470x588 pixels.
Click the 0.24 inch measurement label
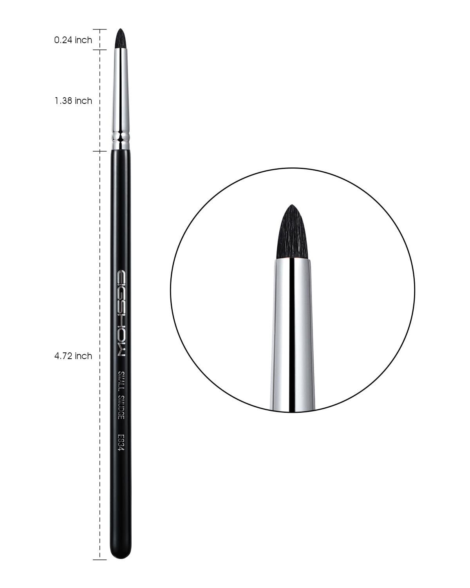(x=73, y=40)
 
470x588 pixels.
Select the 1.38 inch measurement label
(x=73, y=101)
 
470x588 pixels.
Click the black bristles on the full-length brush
(x=121, y=39)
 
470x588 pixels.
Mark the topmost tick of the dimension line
(x=99, y=29)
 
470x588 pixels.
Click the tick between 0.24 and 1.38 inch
(x=99, y=50)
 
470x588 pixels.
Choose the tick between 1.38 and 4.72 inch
(x=99, y=151)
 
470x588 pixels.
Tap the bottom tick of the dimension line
(x=99, y=559)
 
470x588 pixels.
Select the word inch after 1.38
(x=83, y=101)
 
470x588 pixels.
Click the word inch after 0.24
(x=83, y=40)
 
